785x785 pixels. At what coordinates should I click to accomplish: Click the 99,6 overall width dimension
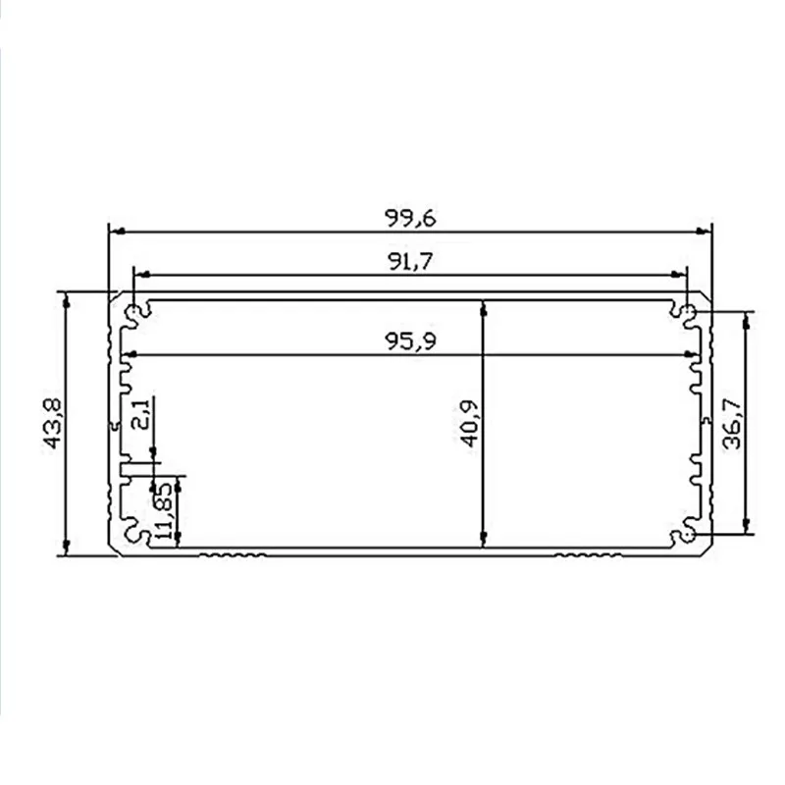(x=410, y=218)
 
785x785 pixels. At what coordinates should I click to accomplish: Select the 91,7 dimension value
(x=410, y=261)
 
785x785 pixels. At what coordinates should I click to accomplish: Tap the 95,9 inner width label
(x=410, y=340)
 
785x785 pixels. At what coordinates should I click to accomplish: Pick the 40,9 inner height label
(x=471, y=423)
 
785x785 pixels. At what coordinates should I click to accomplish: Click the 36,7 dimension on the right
(x=733, y=423)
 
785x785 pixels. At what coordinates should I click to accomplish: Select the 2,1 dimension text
(x=139, y=413)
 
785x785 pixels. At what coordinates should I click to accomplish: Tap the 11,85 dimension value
(x=164, y=510)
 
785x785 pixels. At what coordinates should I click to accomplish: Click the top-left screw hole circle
(x=133, y=312)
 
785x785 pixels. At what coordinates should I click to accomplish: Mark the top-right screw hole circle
(x=689, y=312)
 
